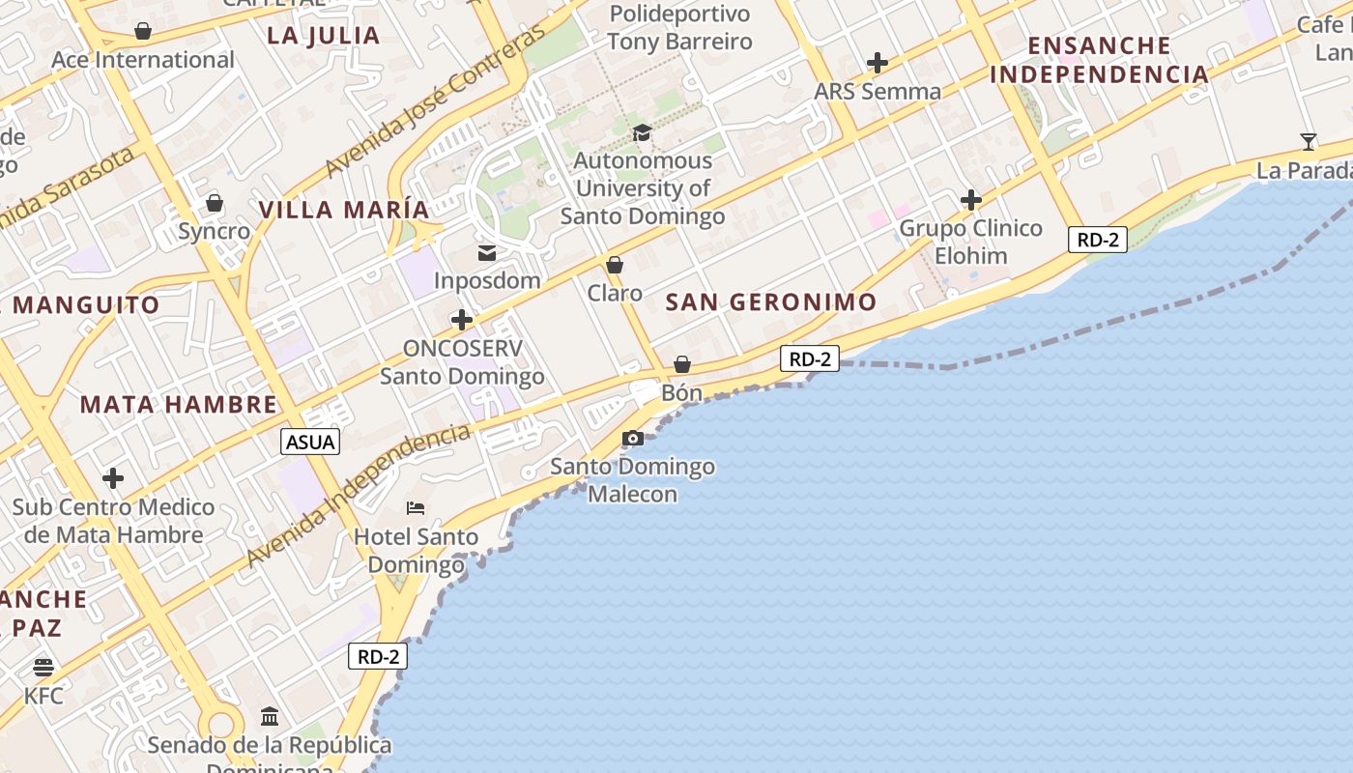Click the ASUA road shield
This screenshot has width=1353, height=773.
click(x=311, y=443)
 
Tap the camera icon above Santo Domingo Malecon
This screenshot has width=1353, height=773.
click(x=633, y=439)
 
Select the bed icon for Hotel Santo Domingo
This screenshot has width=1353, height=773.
click(x=416, y=508)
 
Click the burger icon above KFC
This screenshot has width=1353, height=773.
click(x=43, y=668)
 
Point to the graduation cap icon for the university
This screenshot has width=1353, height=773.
click(x=643, y=132)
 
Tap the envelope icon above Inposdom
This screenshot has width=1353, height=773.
click(x=487, y=253)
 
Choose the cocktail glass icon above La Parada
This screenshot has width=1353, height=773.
click(x=1309, y=142)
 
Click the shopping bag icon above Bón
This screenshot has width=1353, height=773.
click(x=682, y=364)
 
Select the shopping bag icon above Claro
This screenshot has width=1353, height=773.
click(x=615, y=265)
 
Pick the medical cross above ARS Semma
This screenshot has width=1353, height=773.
click(x=878, y=64)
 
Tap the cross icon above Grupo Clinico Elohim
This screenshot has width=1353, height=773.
click(x=971, y=200)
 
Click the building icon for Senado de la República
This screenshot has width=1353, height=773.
click(x=270, y=717)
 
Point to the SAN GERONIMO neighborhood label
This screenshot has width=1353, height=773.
click(x=771, y=302)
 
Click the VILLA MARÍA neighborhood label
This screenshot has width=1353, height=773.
click(x=344, y=210)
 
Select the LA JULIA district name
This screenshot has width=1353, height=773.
click(x=324, y=36)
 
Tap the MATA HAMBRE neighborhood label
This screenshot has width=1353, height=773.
click(x=179, y=404)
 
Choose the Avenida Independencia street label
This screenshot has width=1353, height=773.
click(x=358, y=495)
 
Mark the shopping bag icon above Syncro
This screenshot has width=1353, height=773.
click(x=215, y=204)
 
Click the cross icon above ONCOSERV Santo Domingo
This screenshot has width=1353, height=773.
click(x=462, y=320)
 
